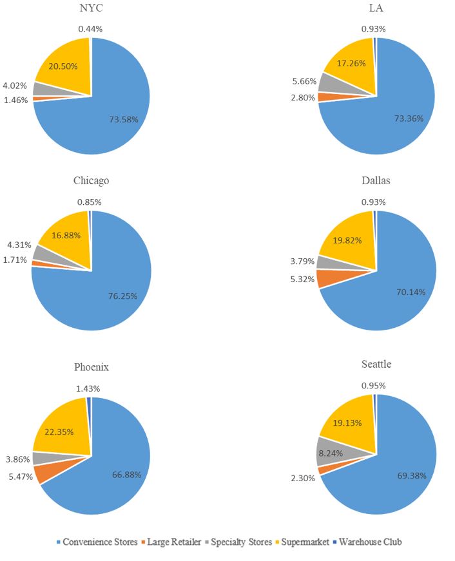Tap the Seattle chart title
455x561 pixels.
tap(376, 364)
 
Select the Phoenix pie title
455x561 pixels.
tap(91, 367)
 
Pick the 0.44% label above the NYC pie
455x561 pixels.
tap(91, 28)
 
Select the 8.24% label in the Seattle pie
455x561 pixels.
tap(329, 453)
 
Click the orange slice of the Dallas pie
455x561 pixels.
tap(327, 278)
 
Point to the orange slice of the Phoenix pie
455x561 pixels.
tap(43, 474)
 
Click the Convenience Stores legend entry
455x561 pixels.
tap(97, 542)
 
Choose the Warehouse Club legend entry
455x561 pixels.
tap(368, 542)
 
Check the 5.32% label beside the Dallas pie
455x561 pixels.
tap(303, 279)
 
